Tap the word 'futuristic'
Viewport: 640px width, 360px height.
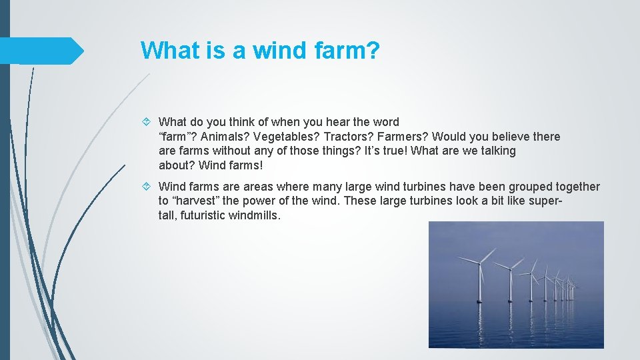(x=203, y=215)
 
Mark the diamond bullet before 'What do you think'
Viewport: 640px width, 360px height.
(x=149, y=122)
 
